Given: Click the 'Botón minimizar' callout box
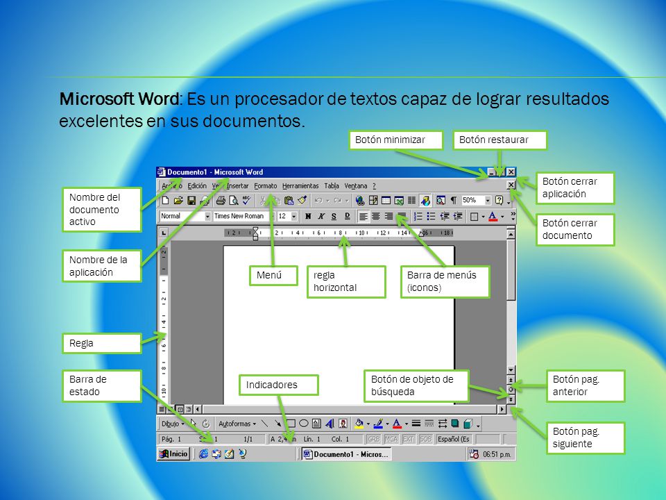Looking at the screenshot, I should (x=397, y=140).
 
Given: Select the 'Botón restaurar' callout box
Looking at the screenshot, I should (x=500, y=140).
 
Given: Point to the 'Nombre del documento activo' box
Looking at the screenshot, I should (x=101, y=209).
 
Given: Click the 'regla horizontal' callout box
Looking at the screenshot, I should (x=346, y=281).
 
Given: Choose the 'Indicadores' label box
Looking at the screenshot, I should (x=277, y=385).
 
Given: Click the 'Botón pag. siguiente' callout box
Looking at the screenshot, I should (x=585, y=437).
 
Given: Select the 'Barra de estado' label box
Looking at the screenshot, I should (x=101, y=385).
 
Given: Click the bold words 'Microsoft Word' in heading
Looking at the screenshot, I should (x=119, y=99).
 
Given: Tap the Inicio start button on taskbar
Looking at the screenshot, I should (x=173, y=454).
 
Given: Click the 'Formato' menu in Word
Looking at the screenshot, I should (x=265, y=186).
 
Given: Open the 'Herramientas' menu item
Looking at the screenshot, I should (x=300, y=186).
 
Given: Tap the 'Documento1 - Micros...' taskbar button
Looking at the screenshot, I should (x=347, y=454).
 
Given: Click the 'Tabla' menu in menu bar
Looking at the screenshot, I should (x=332, y=186).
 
